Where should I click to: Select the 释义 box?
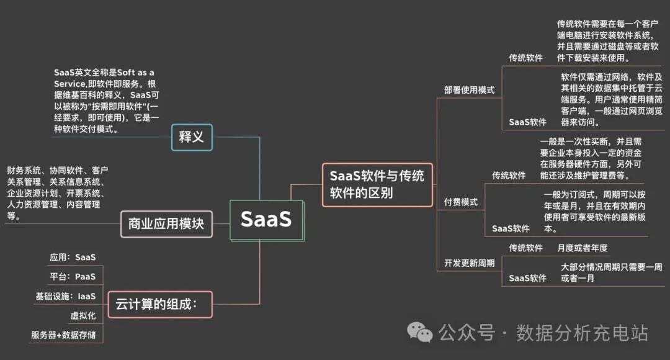click(x=192, y=137)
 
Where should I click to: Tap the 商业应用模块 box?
click(x=166, y=223)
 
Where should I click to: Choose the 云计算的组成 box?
click(x=159, y=305)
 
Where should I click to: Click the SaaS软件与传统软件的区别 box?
click(x=377, y=184)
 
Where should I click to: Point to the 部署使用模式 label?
click(x=469, y=90)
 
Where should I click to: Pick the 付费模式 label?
click(x=460, y=202)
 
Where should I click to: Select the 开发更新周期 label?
click(x=469, y=263)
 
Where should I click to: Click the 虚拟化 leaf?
click(x=83, y=316)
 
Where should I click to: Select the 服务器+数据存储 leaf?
click(x=63, y=335)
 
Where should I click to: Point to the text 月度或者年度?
click(x=582, y=248)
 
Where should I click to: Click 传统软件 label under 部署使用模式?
click(x=525, y=58)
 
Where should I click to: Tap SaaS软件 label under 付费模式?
click(x=511, y=228)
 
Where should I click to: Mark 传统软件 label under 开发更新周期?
click(x=525, y=248)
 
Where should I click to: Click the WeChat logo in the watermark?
click(x=424, y=333)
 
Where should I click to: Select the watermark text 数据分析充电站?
click(x=582, y=333)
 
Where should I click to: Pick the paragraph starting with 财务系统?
click(x=58, y=193)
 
